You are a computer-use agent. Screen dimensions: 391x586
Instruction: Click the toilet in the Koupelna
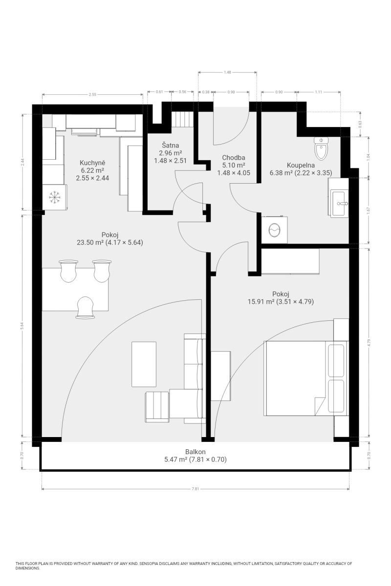coord(321,148)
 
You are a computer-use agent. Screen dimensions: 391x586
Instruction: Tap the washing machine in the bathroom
coord(274,230)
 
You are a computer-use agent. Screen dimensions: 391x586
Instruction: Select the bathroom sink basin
coord(339,203)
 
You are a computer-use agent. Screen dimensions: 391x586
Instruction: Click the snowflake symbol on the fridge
coord(55,197)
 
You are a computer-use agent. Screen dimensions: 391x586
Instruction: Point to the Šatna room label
coord(170,145)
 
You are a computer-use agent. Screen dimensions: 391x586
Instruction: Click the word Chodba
coord(233,157)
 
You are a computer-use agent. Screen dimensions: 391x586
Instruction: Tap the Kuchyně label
coord(92,163)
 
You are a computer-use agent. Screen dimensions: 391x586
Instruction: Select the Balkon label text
coord(195,452)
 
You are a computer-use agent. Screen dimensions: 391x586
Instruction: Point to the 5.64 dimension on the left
coord(23,326)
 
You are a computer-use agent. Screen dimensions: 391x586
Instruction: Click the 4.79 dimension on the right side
coord(369,342)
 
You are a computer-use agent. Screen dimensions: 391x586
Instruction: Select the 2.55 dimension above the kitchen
coord(92,94)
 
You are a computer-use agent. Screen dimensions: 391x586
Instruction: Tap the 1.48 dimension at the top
coord(227,72)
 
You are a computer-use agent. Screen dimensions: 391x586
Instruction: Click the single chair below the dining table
coord(85,307)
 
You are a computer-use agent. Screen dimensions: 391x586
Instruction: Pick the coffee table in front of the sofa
coord(144,364)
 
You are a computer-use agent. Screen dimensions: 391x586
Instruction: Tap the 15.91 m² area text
coord(261,302)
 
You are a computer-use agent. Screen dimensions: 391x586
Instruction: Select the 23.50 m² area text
coord(90,242)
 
